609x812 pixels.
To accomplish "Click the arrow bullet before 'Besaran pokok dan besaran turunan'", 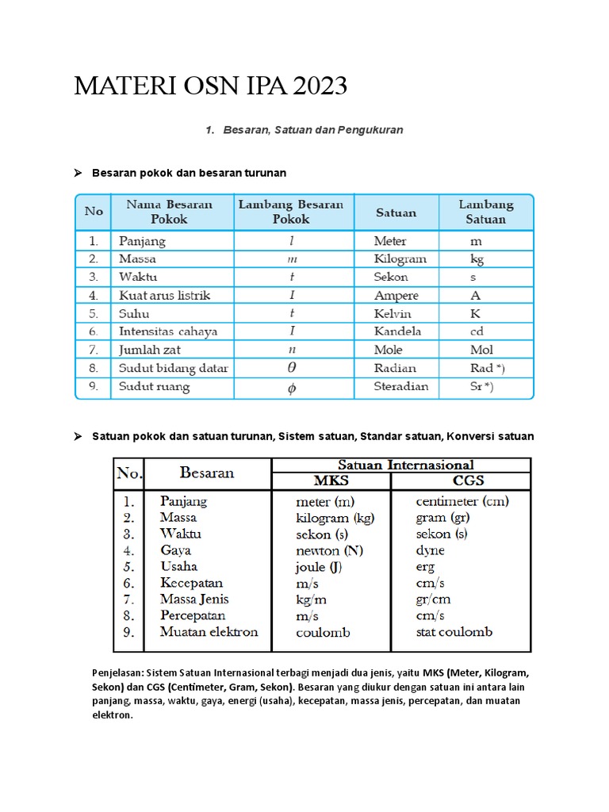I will (79, 173).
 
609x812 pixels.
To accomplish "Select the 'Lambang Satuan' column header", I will (485, 212).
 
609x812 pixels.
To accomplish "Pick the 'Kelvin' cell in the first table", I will (393, 313).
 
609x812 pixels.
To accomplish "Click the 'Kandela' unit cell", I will (397, 331).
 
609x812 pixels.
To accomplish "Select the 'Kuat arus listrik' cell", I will (164, 295).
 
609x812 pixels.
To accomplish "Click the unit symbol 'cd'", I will (476, 331).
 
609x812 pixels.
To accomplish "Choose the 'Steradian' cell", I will (401, 387).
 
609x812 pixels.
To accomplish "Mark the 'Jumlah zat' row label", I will (150, 350).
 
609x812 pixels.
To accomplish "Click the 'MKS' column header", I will (331, 481).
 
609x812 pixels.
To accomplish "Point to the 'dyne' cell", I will (431, 550).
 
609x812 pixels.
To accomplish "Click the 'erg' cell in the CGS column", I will (426, 567).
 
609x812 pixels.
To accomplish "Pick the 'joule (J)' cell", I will (319, 567).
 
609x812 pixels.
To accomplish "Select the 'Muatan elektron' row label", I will (209, 632).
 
